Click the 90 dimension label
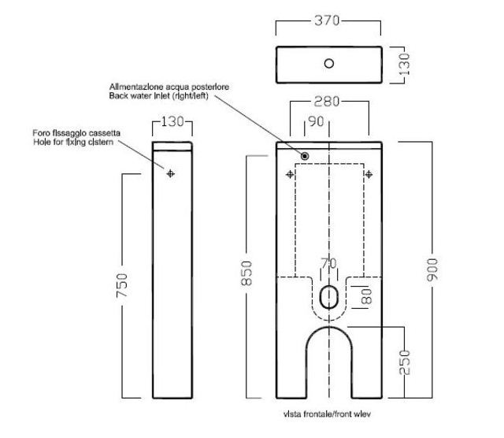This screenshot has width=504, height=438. (x=317, y=121)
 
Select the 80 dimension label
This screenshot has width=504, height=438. (x=365, y=298)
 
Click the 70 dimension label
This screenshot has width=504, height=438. (x=328, y=263)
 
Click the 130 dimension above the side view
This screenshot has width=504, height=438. (x=172, y=122)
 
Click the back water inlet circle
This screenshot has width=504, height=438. (x=305, y=156)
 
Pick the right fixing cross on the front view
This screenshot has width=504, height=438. (x=369, y=174)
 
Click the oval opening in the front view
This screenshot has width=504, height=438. (x=328, y=297)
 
